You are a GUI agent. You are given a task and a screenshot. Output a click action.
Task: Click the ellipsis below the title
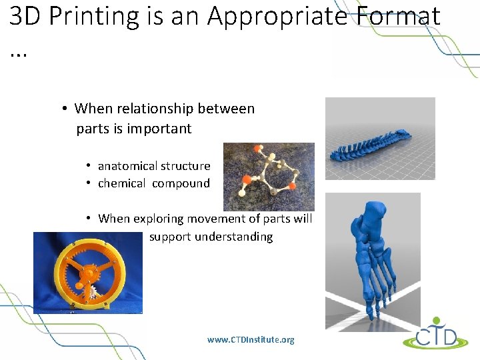pos(18,52)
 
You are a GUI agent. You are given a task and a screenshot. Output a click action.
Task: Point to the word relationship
pos(154,109)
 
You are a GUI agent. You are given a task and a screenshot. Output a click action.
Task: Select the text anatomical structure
pos(154,166)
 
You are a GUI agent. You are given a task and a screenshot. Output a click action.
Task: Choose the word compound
pos(181,183)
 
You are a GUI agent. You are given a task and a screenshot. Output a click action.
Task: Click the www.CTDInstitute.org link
pos(251,340)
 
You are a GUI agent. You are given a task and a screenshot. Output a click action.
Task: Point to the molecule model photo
pos(269,177)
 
